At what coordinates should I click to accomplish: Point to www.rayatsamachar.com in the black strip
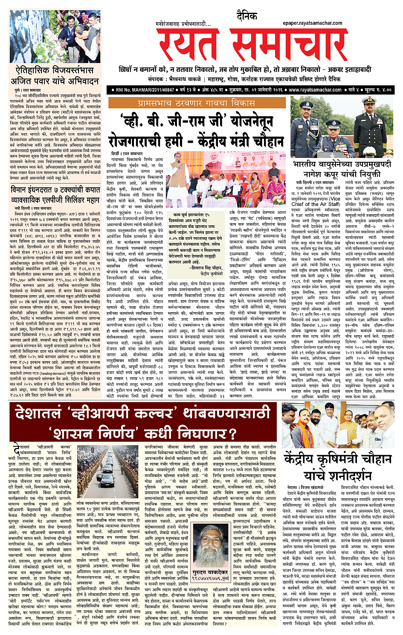pos(315,90)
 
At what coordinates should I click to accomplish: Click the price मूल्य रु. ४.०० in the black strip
pos(375,90)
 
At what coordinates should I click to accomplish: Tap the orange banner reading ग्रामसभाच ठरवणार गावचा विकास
pos(197,103)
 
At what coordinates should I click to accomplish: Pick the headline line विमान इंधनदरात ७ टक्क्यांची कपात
pos(56,190)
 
